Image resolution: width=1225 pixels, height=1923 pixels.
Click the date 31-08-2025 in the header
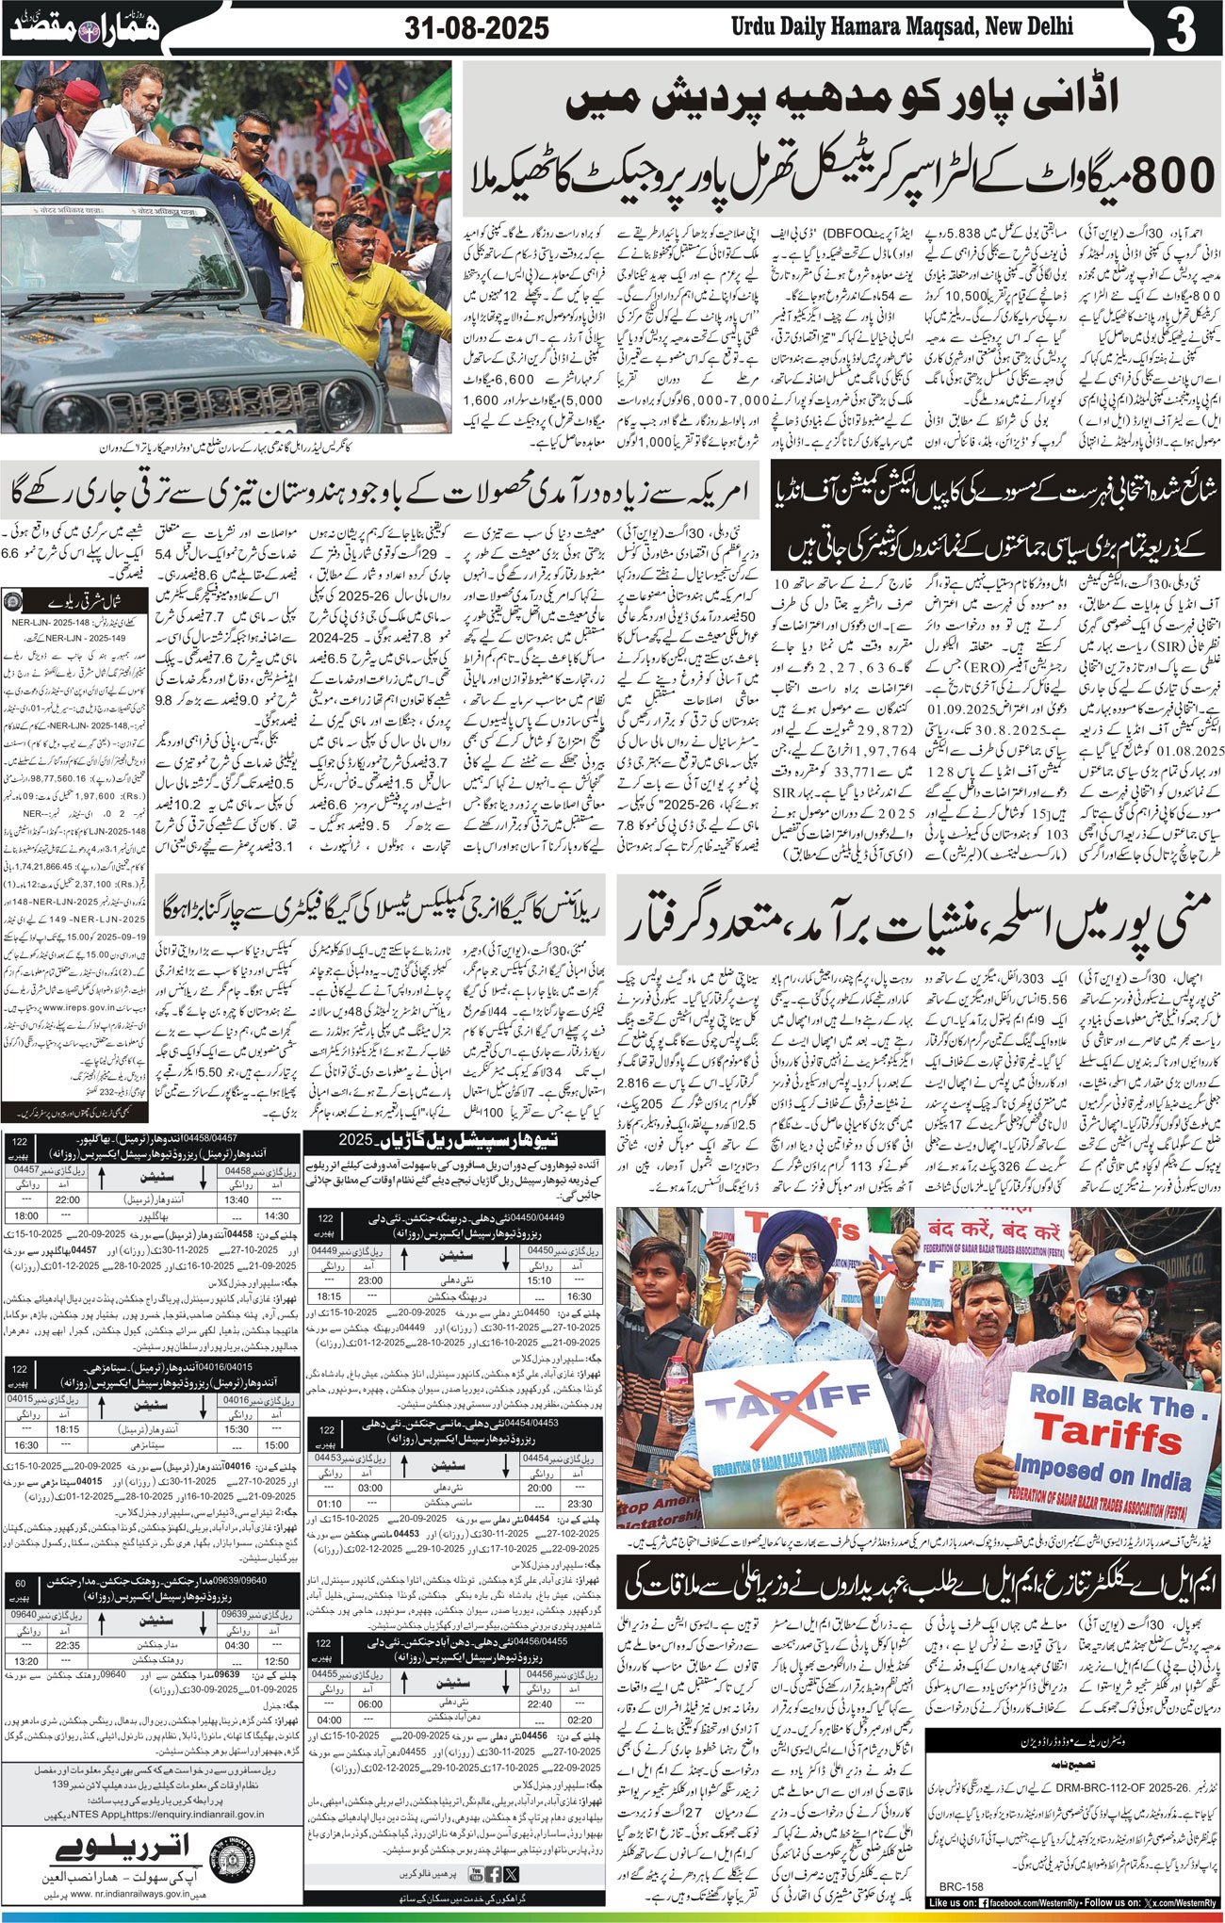477,28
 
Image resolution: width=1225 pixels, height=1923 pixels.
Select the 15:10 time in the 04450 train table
540,1280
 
